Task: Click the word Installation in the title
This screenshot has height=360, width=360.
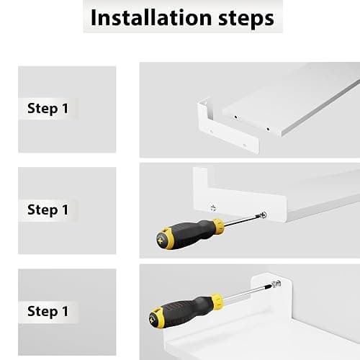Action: click(x=151, y=18)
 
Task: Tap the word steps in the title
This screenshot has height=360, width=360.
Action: click(x=246, y=19)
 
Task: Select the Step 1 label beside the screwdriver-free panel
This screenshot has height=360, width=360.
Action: click(x=48, y=109)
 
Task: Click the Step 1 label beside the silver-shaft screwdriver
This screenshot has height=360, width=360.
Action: click(x=48, y=311)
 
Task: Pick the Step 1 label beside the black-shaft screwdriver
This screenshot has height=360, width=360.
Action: click(x=48, y=210)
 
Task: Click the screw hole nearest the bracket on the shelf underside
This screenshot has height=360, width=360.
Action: click(x=235, y=117)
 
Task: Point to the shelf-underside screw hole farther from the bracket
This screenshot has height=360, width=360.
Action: click(x=268, y=129)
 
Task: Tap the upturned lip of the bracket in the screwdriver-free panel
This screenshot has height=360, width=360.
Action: click(x=202, y=109)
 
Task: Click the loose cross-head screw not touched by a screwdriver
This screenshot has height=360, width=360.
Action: click(x=213, y=207)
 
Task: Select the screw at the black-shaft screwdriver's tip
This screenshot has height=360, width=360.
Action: click(x=263, y=215)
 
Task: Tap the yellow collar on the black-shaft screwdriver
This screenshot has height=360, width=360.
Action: click(x=218, y=226)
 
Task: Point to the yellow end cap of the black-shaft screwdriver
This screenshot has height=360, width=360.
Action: click(x=161, y=238)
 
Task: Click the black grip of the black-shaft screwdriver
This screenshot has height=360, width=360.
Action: click(x=189, y=233)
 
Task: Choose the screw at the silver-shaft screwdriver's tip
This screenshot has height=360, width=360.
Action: click(x=276, y=284)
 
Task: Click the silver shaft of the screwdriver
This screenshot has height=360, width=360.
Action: click(x=247, y=292)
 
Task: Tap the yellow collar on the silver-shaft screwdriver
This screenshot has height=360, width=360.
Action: click(x=217, y=301)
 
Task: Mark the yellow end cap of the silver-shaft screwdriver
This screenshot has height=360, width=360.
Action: click(x=155, y=318)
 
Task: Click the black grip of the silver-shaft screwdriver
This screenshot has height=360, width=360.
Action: click(x=186, y=312)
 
